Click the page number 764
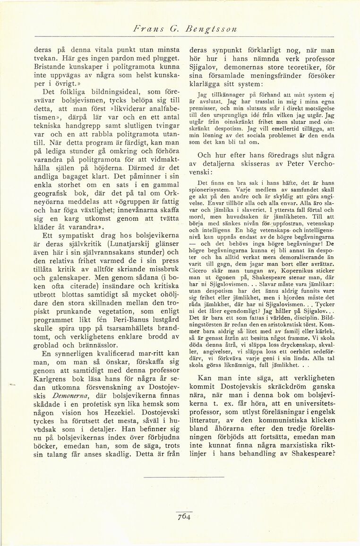coord(184,516)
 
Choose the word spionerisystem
coord(210,189)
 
